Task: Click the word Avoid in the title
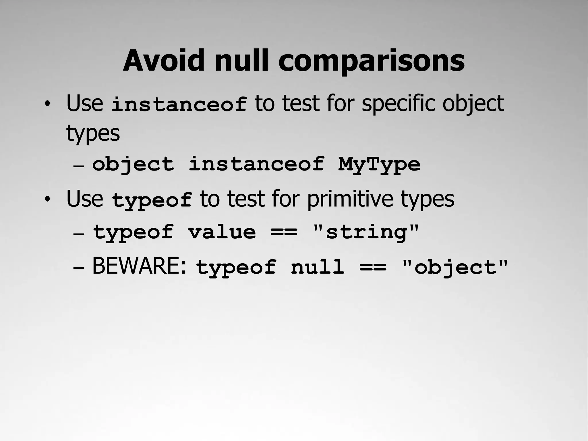click(163, 61)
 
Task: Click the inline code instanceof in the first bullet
click(179, 104)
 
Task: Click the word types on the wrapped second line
click(93, 133)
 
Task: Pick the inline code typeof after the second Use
click(152, 200)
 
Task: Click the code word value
click(222, 232)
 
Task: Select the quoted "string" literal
click(366, 232)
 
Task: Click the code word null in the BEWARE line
click(318, 267)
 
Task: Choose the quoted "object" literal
click(455, 267)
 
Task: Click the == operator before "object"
click(373, 267)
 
